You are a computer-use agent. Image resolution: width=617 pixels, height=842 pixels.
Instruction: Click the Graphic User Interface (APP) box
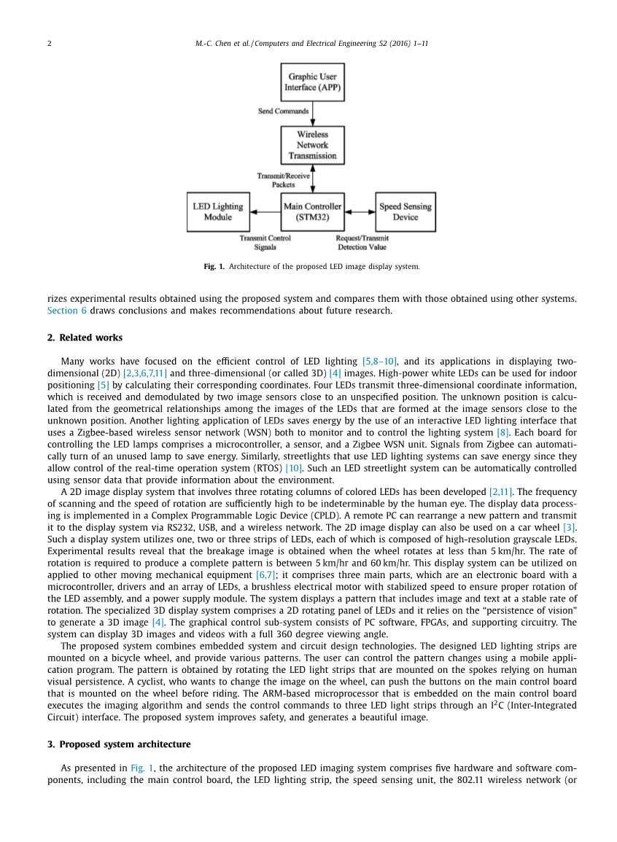[312, 82]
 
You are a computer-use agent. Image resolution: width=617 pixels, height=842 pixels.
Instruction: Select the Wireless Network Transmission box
[312, 145]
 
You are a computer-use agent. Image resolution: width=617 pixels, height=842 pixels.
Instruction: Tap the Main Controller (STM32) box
[312, 211]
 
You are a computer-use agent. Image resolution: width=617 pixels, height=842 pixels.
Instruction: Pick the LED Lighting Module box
[217, 211]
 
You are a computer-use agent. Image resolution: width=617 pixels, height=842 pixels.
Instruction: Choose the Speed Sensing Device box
[405, 211]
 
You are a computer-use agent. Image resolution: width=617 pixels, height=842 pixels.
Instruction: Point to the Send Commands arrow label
[283, 112]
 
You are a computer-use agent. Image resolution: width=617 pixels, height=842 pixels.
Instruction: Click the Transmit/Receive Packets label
[283, 180]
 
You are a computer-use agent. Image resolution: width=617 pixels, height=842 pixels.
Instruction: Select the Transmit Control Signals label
[265, 243]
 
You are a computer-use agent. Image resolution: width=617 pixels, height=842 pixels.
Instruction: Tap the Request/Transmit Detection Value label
[362, 243]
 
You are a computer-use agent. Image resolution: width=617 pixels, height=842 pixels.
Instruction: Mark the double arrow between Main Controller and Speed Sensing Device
[359, 212]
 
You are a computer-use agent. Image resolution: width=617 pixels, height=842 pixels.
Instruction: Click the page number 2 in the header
[50, 44]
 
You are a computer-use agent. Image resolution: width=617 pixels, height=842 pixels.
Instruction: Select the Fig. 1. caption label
[214, 267]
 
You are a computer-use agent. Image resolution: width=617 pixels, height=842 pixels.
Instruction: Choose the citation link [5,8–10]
[379, 362]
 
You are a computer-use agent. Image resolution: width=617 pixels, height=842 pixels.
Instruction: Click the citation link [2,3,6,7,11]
[145, 373]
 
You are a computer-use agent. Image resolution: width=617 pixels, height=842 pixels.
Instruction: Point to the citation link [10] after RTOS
[293, 469]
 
